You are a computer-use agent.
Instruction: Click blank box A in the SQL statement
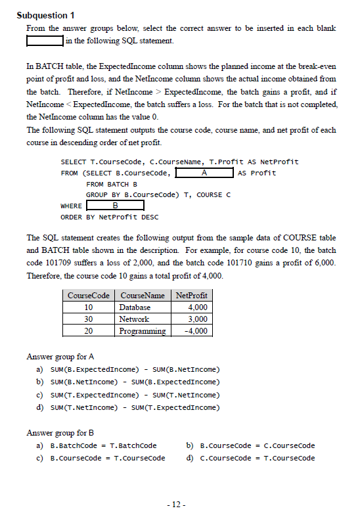(204, 173)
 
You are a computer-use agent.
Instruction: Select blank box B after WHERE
(115, 206)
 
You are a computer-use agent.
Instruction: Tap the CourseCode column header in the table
(89, 296)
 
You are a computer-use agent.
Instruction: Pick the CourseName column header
(142, 296)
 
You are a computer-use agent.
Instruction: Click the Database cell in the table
(135, 307)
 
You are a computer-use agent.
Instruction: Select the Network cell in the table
(133, 319)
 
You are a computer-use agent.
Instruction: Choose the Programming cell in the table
(142, 331)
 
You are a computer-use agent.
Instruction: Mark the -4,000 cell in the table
(196, 331)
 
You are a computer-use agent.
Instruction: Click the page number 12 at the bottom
(177, 505)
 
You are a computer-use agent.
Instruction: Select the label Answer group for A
(60, 357)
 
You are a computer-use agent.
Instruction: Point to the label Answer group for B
(60, 432)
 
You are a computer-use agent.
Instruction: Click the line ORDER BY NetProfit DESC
(109, 217)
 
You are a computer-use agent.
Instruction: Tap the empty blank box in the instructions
(45, 41)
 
